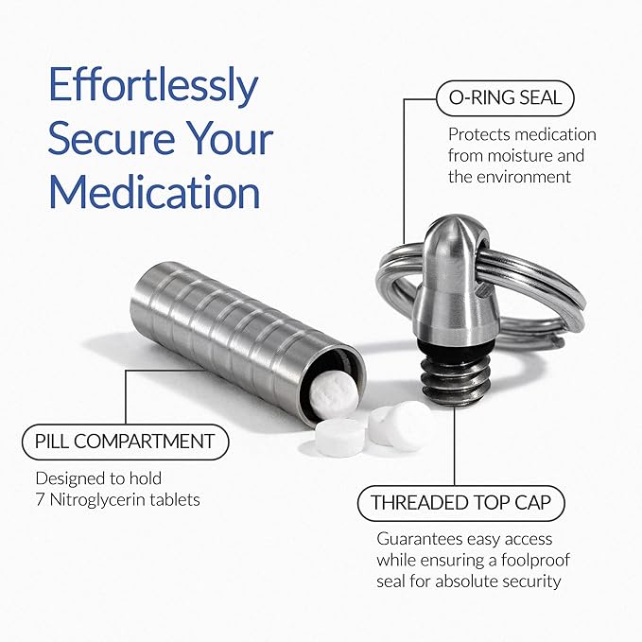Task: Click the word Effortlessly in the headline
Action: (153, 88)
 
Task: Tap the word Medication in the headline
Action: (154, 193)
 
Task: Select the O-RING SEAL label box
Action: (505, 97)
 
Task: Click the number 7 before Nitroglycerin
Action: (39, 498)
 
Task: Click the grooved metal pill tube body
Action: (227, 321)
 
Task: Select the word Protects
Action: (479, 134)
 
